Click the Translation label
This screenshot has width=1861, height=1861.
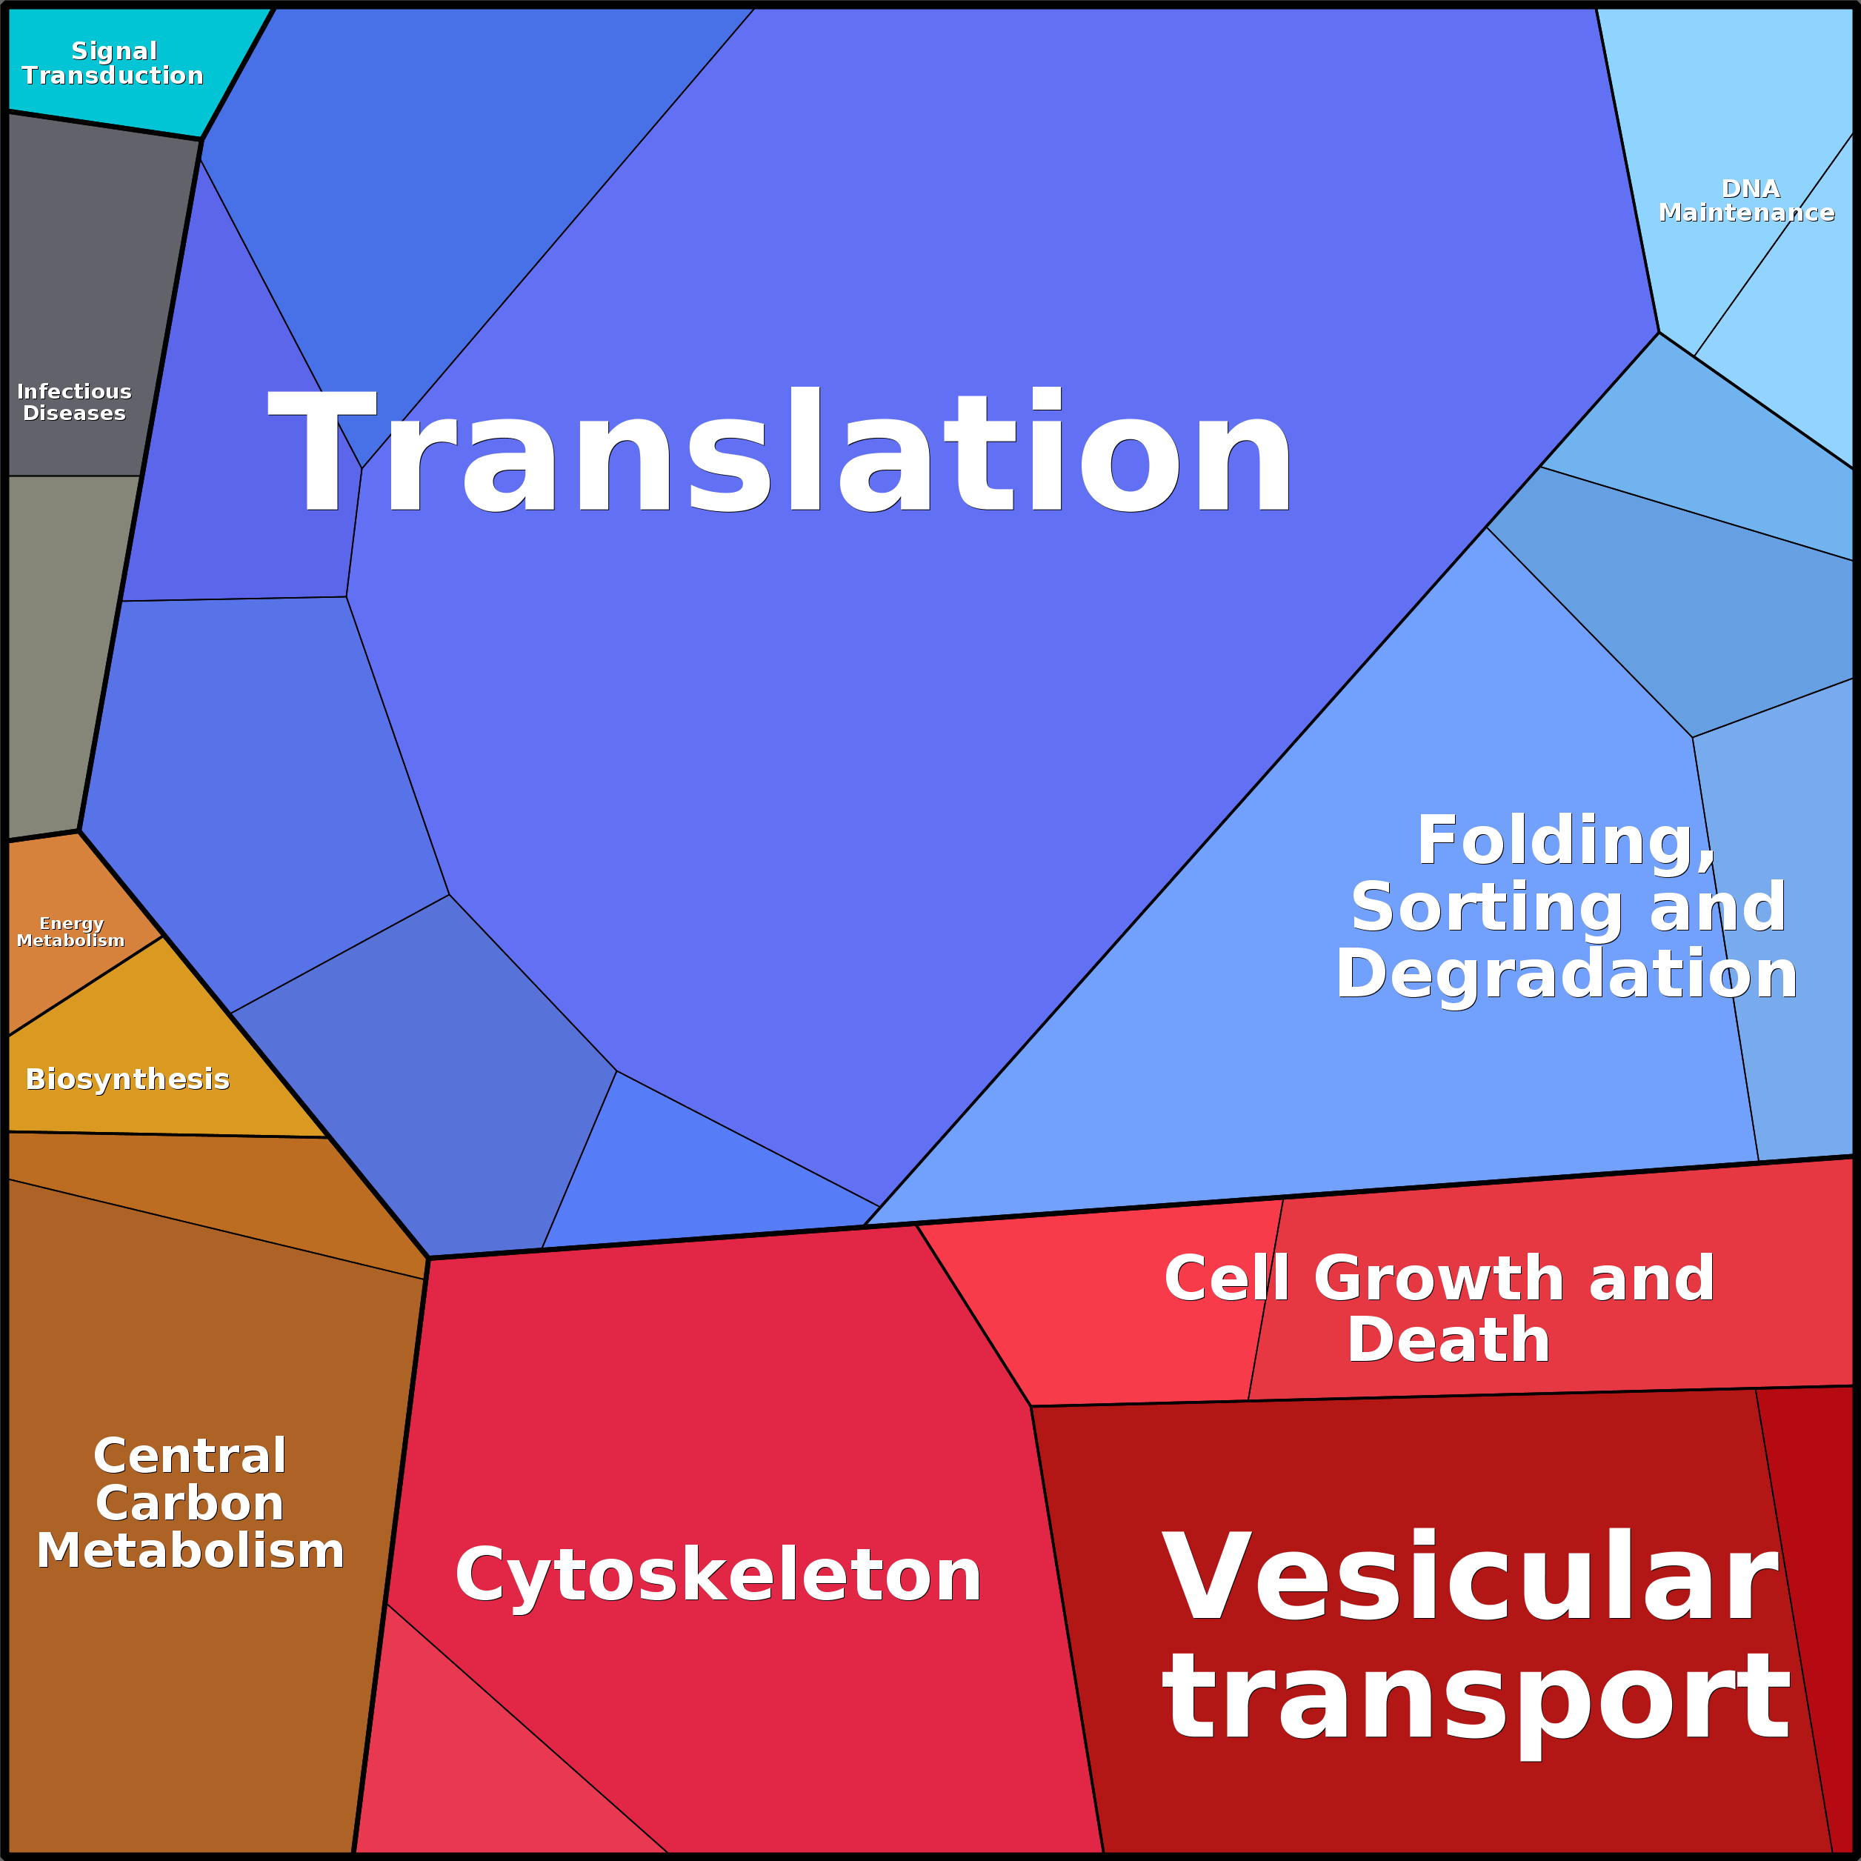(x=780, y=450)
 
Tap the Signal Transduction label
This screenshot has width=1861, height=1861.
(x=113, y=64)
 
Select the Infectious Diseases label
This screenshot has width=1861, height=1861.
(x=74, y=402)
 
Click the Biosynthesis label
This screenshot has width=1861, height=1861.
(x=127, y=1079)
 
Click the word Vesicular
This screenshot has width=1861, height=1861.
(x=1469, y=1579)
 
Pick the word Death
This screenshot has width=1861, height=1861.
(x=1448, y=1340)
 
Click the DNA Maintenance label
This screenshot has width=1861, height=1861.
(x=1746, y=200)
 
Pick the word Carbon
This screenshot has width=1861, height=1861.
(x=190, y=1504)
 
